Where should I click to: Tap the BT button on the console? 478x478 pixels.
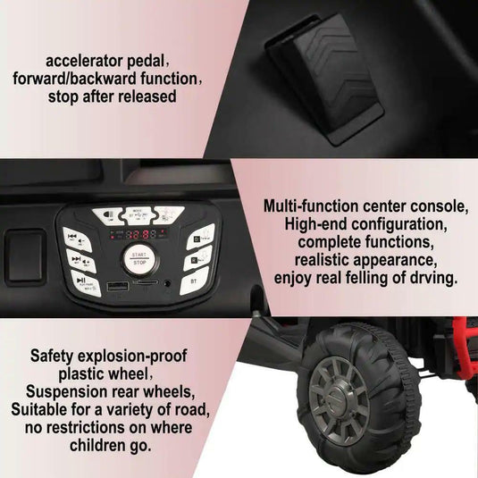[196, 281]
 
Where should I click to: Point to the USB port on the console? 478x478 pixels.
[115, 288]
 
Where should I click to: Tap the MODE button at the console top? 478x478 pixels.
[138, 214]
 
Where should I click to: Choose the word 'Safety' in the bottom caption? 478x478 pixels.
[53, 356]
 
